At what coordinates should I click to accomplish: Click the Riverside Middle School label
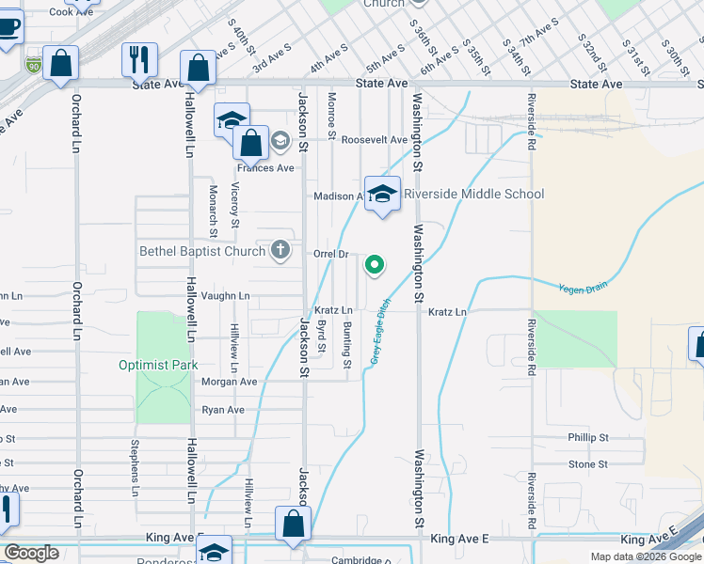473,195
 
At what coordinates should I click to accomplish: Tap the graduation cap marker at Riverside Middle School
382,195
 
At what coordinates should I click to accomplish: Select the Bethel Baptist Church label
203,251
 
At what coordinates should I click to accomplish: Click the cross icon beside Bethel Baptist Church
280,250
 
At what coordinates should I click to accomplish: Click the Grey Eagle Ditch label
378,334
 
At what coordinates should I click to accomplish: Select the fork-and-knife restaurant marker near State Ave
139,59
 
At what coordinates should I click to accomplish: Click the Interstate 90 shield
34,65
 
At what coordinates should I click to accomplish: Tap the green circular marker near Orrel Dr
375,265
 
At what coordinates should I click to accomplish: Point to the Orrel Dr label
331,254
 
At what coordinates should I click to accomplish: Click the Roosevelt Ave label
374,140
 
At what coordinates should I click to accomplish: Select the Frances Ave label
265,168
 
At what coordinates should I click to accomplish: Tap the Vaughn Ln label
225,295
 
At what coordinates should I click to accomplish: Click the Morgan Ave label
229,382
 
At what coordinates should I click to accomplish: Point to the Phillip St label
588,438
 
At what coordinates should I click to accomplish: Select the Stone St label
587,464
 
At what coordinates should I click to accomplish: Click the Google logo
31,553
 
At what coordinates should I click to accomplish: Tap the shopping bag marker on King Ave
293,525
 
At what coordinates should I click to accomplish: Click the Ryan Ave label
223,410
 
